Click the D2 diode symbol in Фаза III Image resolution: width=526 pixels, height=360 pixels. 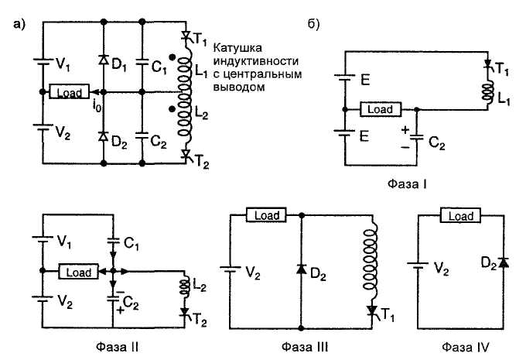tap(301, 269)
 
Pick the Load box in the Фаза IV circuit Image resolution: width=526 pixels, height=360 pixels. tap(460, 217)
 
